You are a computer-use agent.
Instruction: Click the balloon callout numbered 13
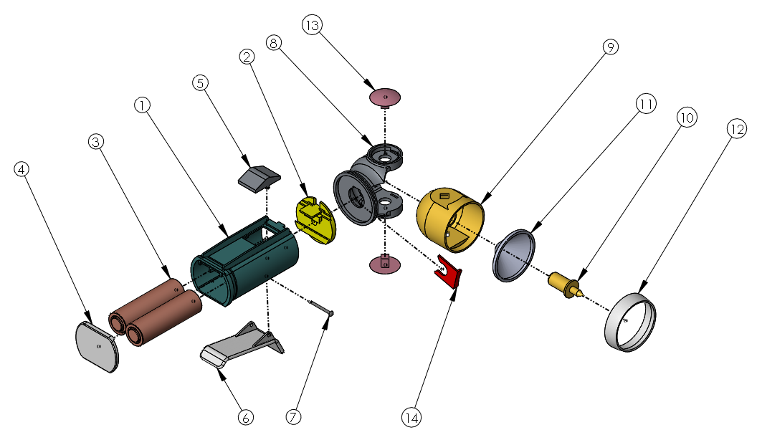311,26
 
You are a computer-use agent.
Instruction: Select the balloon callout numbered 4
22,170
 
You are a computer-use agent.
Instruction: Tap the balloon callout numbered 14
411,416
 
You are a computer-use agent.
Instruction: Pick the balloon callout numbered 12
735,128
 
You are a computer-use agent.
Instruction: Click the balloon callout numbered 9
610,47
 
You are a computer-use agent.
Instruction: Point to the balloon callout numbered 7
293,416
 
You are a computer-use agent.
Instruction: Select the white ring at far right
631,322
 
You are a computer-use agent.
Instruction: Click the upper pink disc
385,97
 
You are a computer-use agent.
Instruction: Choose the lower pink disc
385,264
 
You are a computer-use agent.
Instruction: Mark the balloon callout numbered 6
245,417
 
